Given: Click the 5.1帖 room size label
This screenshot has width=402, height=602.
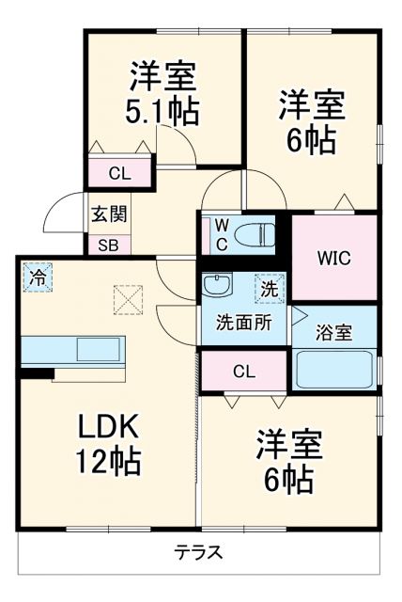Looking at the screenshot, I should (162, 112).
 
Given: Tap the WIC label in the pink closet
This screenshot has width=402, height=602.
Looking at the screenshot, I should (332, 257).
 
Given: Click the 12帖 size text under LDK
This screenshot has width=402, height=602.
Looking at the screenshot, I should (108, 462).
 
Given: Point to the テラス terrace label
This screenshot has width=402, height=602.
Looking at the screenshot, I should (197, 552).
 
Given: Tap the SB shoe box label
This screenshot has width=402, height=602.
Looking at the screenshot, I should (109, 244).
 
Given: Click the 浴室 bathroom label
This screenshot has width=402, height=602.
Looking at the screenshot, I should (333, 331).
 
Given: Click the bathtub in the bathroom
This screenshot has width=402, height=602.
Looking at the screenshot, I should (335, 369).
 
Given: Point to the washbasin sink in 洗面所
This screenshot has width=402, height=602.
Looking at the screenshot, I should (217, 286).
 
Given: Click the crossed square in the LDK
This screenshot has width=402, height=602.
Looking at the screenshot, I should (126, 300).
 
